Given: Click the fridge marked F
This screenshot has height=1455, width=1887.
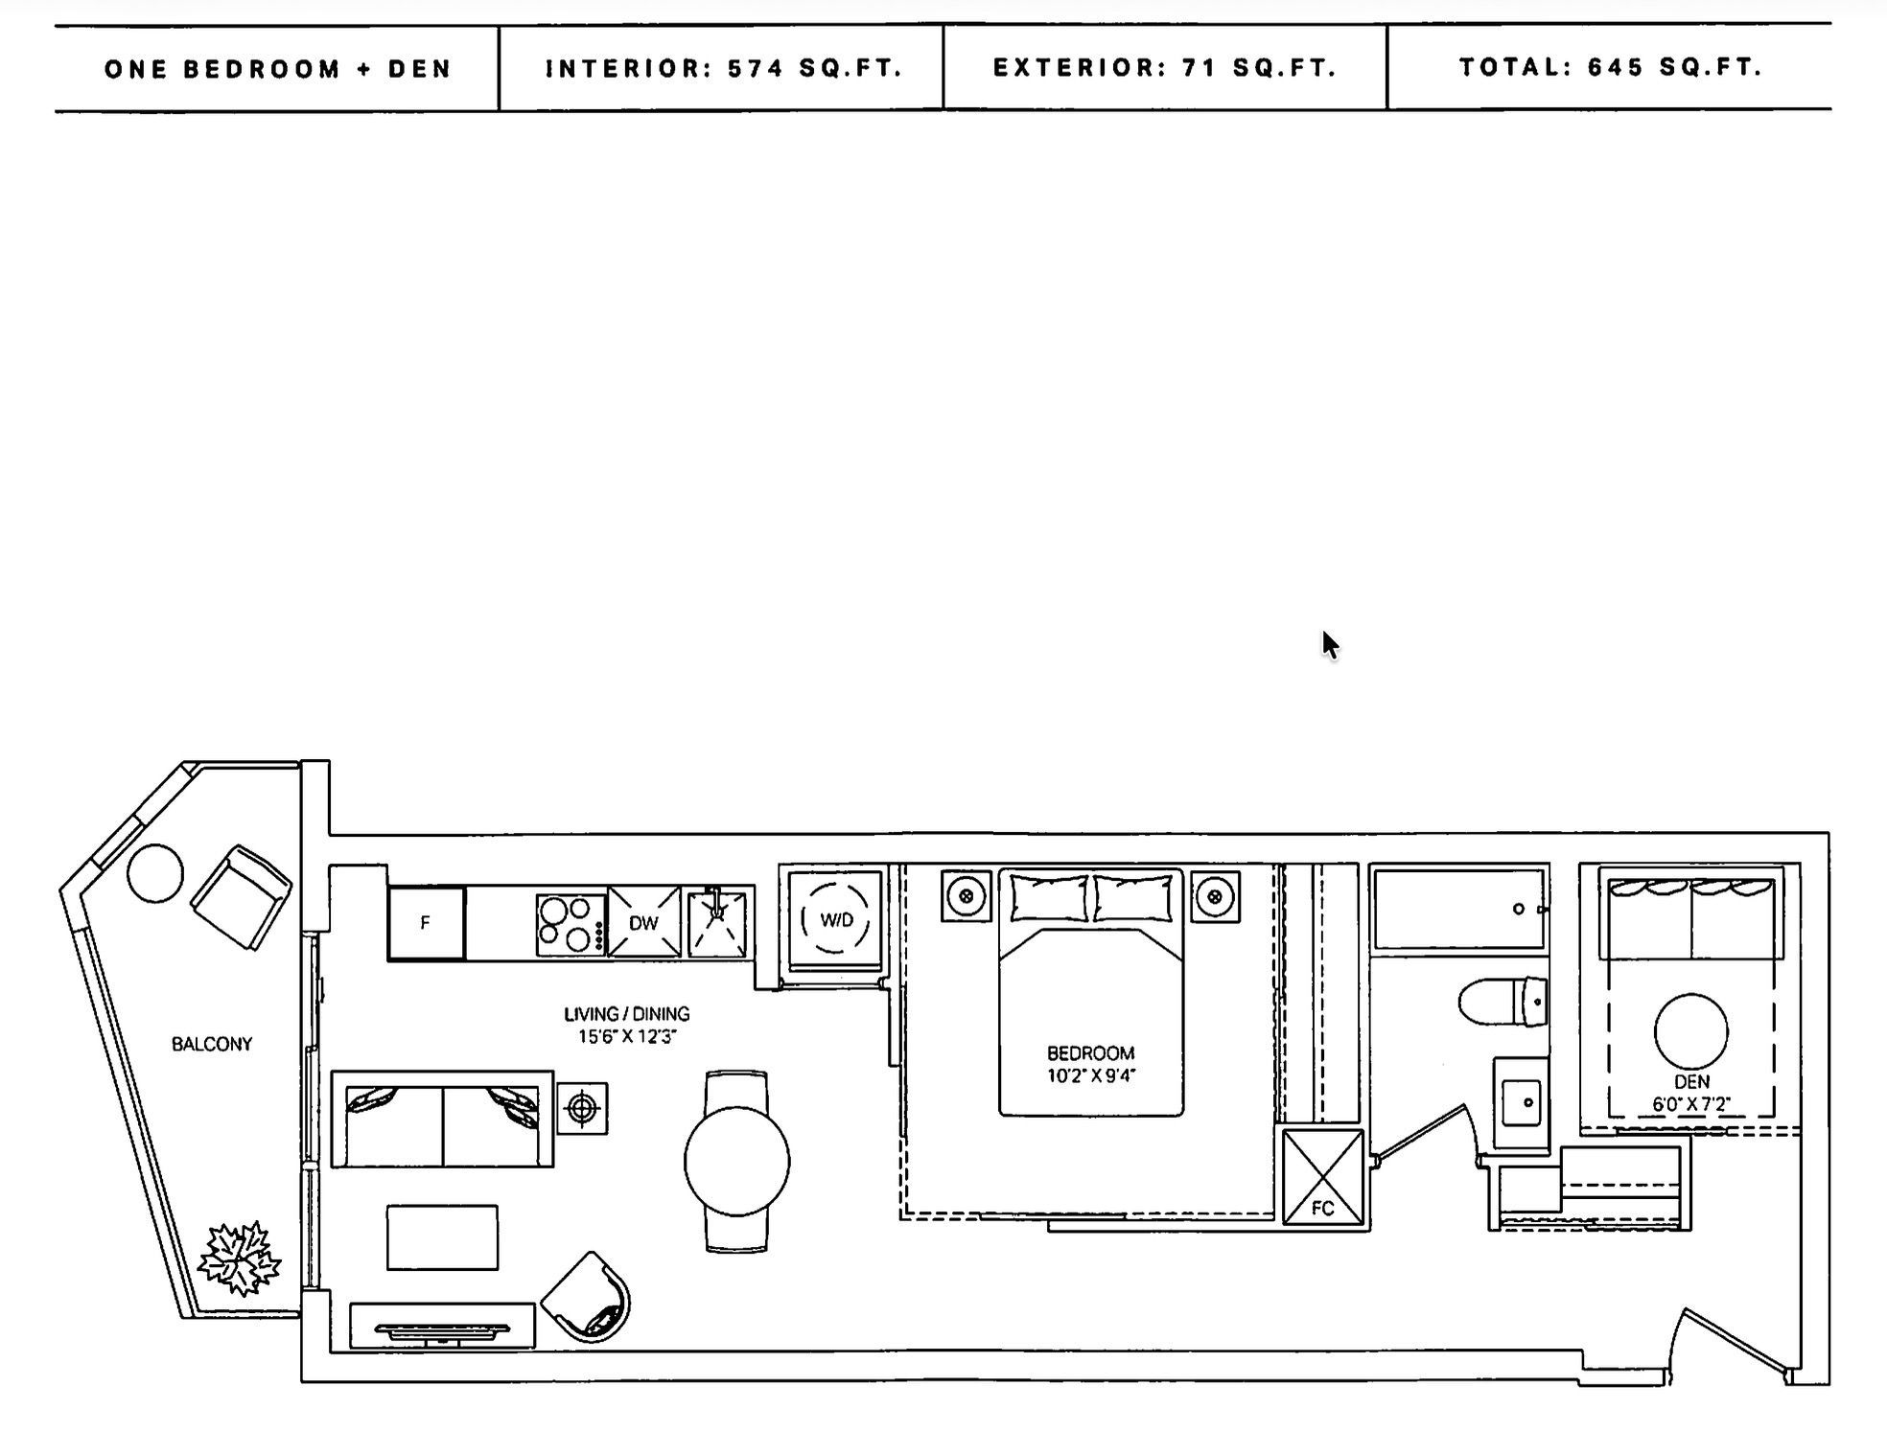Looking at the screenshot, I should (x=426, y=923).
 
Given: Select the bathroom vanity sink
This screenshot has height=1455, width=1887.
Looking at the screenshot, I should (x=1521, y=1102).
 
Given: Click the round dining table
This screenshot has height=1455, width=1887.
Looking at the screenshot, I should (x=736, y=1162).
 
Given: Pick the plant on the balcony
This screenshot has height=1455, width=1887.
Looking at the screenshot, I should (x=239, y=1259).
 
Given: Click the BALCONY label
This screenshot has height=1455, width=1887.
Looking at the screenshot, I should (x=212, y=1044).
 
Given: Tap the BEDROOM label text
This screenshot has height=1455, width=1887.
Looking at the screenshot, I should (x=1090, y=1052).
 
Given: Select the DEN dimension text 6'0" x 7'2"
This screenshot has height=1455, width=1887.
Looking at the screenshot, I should (x=1690, y=1104).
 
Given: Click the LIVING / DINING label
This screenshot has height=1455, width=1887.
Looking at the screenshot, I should (x=626, y=1013).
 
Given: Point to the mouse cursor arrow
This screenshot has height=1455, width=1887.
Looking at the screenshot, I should (x=1329, y=644).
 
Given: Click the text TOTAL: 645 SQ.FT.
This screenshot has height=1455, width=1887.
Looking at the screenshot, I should (x=1610, y=67).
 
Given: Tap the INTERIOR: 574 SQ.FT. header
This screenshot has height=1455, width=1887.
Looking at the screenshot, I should (x=723, y=68).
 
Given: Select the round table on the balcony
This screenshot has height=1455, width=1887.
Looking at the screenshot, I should (x=154, y=873).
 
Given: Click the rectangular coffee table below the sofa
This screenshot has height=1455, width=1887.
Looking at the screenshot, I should (x=442, y=1237).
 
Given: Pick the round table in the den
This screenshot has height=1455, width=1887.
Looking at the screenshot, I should (x=1690, y=1031).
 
